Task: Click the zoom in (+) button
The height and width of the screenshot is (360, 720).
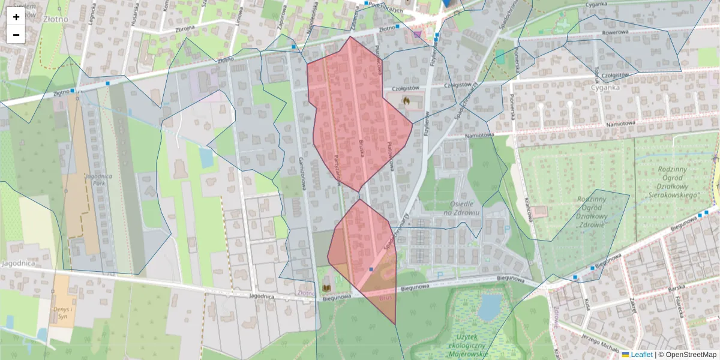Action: pos(16,17)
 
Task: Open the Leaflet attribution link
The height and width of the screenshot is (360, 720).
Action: pos(641,355)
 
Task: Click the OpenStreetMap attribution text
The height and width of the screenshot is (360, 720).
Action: pos(691,355)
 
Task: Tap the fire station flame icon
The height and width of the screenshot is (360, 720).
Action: pos(406,101)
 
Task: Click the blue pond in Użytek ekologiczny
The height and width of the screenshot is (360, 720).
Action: pos(490,307)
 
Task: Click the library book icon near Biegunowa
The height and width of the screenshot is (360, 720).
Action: pos(327,281)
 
